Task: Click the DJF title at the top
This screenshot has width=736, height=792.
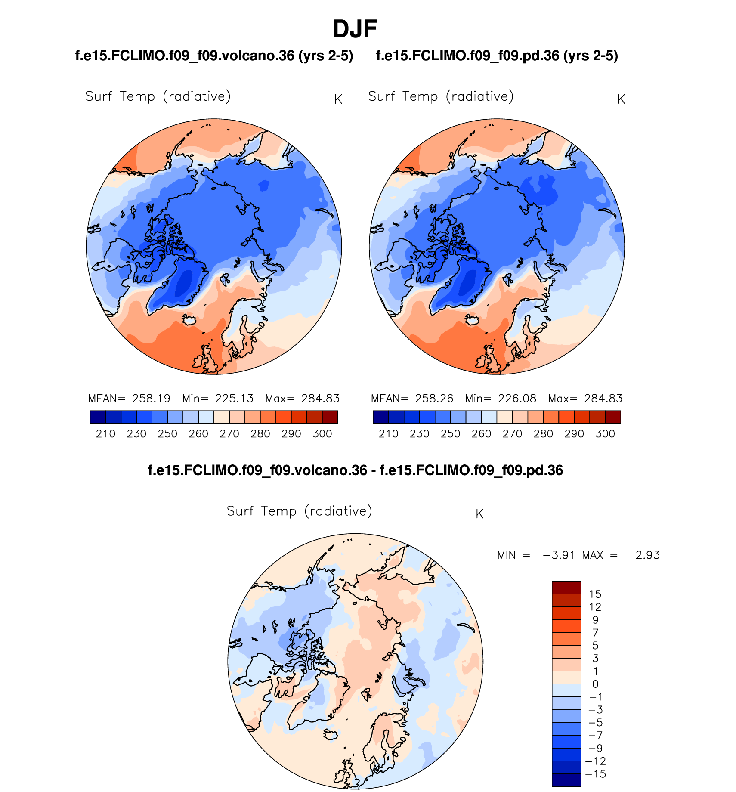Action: click(x=355, y=29)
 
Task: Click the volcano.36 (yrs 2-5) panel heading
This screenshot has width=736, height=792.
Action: click(x=214, y=56)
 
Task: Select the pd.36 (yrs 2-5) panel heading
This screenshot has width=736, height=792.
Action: click(x=497, y=56)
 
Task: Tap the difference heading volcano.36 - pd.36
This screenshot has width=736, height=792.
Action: click(x=355, y=470)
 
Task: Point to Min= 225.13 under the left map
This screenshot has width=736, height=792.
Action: click(x=218, y=399)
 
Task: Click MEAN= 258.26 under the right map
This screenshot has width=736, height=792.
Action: click(x=412, y=399)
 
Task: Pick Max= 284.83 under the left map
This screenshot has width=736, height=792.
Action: click(x=302, y=399)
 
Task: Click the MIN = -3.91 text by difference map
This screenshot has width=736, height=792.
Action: click(x=536, y=555)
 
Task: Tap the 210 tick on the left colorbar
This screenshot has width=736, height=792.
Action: click(x=105, y=434)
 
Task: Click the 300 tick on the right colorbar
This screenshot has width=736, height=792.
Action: click(x=605, y=434)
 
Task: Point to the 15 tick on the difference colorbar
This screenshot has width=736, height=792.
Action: click(x=595, y=594)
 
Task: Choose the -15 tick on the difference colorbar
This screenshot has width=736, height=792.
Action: click(x=596, y=774)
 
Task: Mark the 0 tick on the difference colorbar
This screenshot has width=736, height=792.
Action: click(x=595, y=684)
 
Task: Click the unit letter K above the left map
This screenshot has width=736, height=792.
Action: click(x=338, y=99)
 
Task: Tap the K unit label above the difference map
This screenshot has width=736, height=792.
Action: click(x=479, y=514)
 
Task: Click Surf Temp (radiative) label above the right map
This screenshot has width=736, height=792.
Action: click(x=441, y=96)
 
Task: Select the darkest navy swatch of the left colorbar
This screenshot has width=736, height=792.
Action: click(x=98, y=417)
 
